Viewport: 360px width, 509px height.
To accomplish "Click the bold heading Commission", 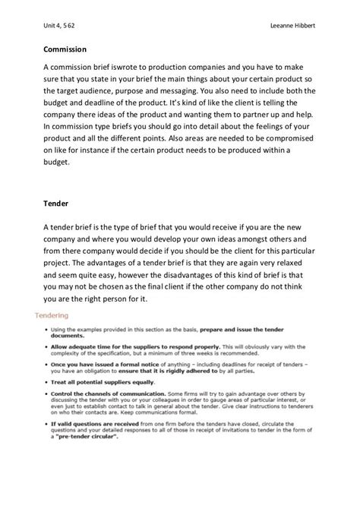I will point(65,51).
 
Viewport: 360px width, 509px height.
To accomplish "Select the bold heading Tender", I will point(56,204).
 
